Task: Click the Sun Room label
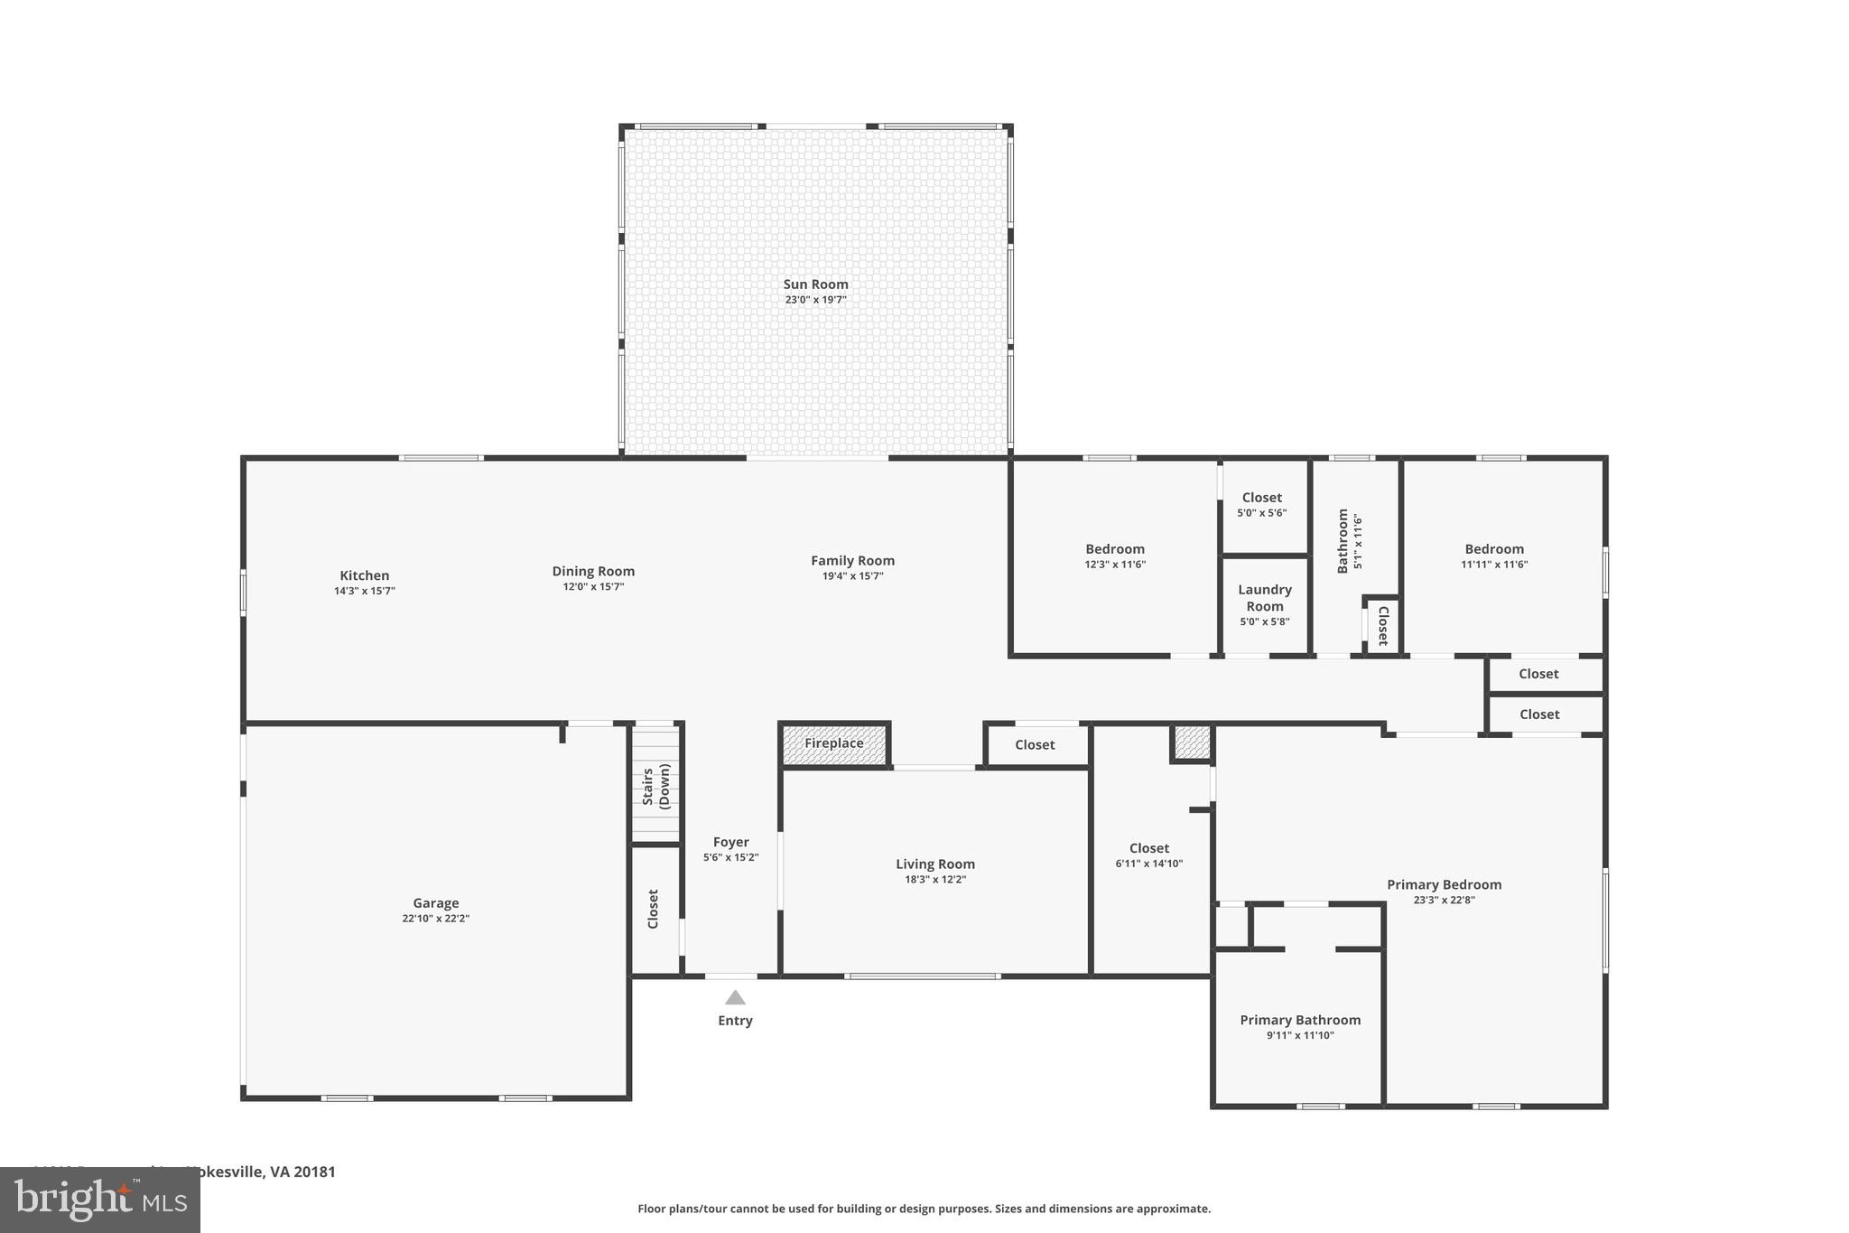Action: pyautogui.click(x=815, y=284)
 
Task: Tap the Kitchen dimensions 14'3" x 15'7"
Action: pyautogui.click(x=365, y=591)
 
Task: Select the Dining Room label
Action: pyautogui.click(x=593, y=571)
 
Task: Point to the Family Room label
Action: pyautogui.click(x=852, y=560)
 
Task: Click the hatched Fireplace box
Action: pyautogui.click(x=834, y=743)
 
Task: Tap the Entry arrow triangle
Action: pyautogui.click(x=735, y=997)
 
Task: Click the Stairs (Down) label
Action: pyautogui.click(x=656, y=785)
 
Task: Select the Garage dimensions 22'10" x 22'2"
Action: pyautogui.click(x=436, y=919)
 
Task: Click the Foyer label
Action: pyautogui.click(x=730, y=842)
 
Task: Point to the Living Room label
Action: pyautogui.click(x=935, y=864)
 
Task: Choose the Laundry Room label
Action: pyautogui.click(x=1265, y=597)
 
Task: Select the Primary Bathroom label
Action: pyautogui.click(x=1300, y=1020)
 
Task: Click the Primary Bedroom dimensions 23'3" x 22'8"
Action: pyautogui.click(x=1444, y=900)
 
